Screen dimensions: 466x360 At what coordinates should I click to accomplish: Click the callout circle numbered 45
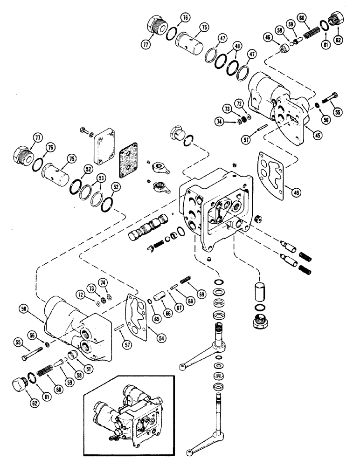coord(305,136)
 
